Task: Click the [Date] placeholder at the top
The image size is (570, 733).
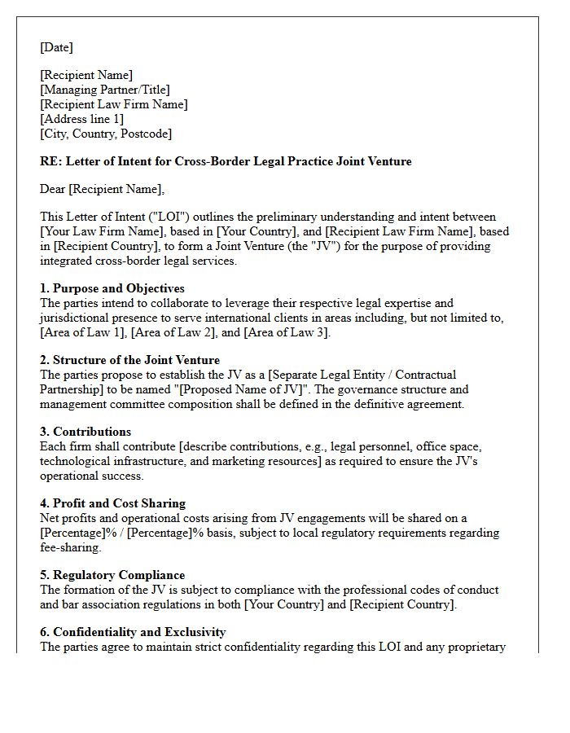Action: pos(56,47)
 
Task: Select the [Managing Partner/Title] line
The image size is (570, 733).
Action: pos(105,90)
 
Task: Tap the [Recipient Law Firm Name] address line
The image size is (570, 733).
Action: pos(114,104)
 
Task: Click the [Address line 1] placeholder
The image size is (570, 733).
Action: pos(82,119)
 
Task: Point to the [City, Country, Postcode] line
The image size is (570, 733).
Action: pos(106,134)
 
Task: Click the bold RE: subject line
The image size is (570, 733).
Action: pos(226,161)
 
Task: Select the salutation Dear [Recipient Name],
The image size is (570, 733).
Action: pos(102,189)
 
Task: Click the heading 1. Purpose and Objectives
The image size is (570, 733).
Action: pos(112,288)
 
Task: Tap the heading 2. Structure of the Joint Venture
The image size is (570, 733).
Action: pos(129,360)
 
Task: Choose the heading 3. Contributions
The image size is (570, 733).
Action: pos(85,432)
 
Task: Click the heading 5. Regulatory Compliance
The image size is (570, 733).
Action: pos(112,575)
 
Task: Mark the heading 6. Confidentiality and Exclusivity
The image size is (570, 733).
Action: pos(133,632)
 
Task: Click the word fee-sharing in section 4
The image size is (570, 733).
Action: pos(69,547)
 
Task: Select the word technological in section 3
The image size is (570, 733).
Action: pos(77,461)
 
